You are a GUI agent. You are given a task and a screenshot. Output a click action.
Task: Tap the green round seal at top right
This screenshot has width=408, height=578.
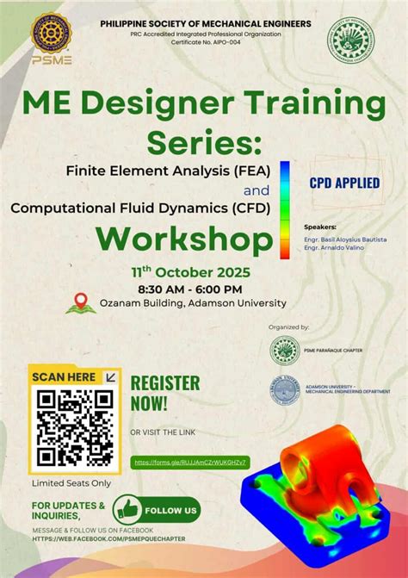(350, 40)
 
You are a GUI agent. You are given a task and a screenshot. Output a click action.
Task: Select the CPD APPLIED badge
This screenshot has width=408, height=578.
(344, 183)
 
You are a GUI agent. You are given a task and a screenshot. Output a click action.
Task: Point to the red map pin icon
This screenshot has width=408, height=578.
(80, 301)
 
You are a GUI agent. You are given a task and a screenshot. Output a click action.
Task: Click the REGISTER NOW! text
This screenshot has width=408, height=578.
(164, 392)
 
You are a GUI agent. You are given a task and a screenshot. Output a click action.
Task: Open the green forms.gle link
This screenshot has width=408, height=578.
(190, 463)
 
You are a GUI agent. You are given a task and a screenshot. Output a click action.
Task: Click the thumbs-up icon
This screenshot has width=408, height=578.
(126, 509)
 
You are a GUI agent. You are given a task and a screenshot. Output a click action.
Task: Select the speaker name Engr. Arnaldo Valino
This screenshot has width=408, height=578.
(334, 247)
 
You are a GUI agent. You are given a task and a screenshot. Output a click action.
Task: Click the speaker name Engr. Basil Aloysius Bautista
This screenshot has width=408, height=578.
(345, 239)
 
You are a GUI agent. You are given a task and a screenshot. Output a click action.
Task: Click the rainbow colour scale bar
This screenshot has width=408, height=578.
(284, 209)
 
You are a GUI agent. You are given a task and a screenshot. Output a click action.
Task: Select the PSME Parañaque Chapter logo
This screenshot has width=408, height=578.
(285, 350)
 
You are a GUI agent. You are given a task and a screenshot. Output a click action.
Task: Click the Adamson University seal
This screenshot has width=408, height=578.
(285, 390)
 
